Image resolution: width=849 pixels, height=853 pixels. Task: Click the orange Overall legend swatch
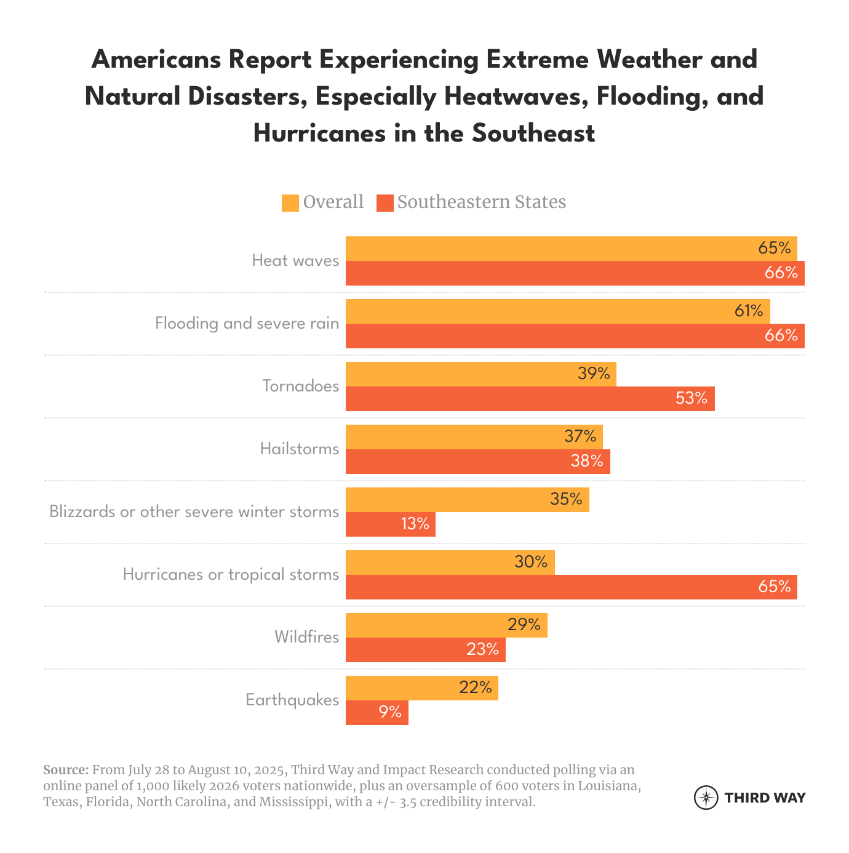290,203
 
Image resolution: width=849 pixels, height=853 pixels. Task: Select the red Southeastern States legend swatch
385,203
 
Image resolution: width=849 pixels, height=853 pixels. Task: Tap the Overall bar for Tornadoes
468,374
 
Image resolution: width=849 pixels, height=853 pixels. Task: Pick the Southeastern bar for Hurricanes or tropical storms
554,587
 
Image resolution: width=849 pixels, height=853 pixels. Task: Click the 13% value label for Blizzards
415,524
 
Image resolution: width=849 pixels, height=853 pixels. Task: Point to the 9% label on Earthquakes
390,713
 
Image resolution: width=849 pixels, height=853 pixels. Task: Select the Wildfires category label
306,637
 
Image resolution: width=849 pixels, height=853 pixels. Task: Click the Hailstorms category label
300,449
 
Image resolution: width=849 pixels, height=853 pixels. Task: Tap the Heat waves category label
295,260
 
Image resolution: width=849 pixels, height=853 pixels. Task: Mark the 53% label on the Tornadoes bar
692,399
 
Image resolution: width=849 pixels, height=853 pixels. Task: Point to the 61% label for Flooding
749,311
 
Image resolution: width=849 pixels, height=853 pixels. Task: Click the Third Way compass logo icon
706,798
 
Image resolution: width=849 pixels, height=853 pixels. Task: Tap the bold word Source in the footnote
65,771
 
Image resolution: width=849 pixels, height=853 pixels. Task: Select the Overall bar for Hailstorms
455,437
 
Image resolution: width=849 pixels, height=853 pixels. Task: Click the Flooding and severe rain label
247,324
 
